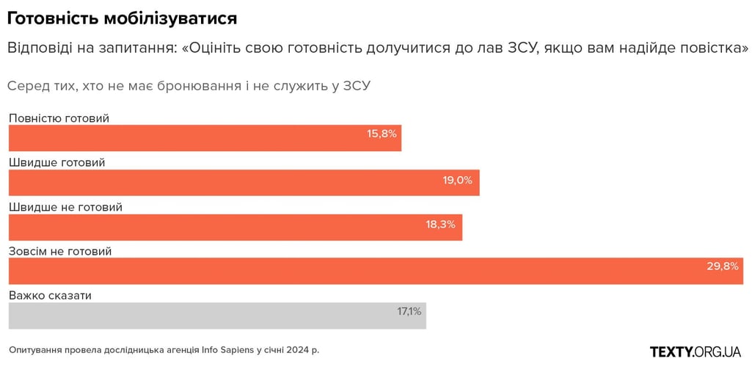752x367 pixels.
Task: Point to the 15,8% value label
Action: [x=382, y=134]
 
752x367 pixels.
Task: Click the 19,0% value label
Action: [x=457, y=180]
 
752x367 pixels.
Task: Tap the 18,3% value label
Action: [x=440, y=224]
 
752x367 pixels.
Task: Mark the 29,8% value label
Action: [x=723, y=266]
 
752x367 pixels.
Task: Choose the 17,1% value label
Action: [x=409, y=311]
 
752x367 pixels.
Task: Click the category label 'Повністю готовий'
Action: [x=59, y=118]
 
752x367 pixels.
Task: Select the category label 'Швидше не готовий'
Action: [x=65, y=207]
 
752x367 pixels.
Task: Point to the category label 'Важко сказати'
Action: [x=50, y=295]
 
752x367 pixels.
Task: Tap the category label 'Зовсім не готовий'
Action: [x=60, y=251]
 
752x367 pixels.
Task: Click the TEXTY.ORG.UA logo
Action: [x=696, y=351]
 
